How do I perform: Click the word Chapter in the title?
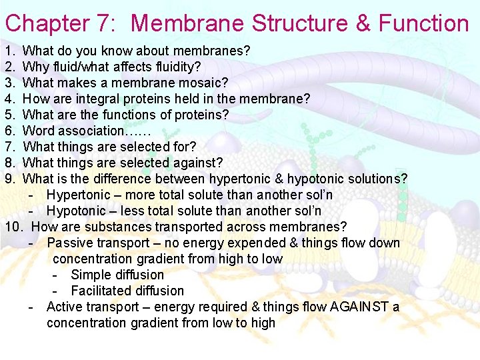(46, 23)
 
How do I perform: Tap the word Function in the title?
(424, 23)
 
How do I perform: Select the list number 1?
(9, 51)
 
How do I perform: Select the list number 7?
(9, 147)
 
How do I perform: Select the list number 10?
(14, 227)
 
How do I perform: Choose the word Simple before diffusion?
(91, 275)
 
